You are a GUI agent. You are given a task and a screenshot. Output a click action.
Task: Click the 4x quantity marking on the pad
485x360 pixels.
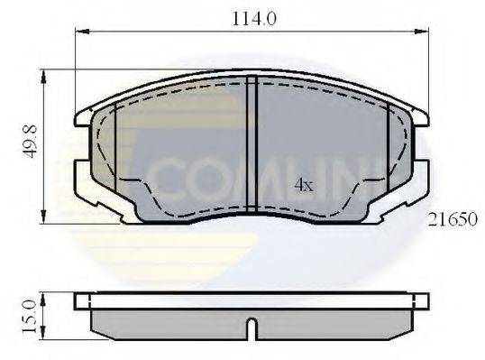304,185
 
